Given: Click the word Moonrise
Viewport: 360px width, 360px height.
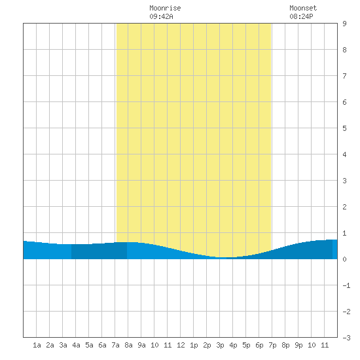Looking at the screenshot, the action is click(165, 8).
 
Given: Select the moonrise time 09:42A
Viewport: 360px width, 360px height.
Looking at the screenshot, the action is click(161, 16).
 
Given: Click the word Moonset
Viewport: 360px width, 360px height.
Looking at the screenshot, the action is click(303, 8).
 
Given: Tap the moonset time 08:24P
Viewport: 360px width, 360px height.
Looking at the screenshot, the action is click(301, 16).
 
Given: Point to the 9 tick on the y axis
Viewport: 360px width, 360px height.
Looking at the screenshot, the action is click(344, 24).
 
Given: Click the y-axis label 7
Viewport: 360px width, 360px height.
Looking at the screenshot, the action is click(344, 76).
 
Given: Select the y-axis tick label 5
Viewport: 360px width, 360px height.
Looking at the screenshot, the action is click(344, 128).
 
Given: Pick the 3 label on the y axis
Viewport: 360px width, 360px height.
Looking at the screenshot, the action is click(344, 181).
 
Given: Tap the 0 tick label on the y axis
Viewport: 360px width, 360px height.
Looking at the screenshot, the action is click(344, 259).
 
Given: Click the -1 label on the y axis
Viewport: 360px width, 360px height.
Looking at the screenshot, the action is click(346, 285).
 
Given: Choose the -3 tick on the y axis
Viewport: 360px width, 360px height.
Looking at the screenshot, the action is click(346, 338).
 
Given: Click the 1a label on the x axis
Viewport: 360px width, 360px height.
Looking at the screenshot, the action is click(37, 345).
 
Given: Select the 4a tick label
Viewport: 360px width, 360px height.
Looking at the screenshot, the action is click(76, 345).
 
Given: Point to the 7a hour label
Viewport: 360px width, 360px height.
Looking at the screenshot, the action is click(115, 345).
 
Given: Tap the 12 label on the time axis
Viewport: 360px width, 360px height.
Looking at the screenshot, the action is click(181, 345).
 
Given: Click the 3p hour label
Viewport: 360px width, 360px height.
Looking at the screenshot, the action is click(220, 345).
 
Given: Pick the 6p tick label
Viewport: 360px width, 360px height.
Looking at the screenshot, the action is click(259, 345).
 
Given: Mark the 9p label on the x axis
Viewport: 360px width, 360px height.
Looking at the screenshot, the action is click(298, 345).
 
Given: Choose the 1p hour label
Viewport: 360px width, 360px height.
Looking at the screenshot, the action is click(194, 345).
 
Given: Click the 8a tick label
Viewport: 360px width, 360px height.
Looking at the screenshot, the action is click(128, 345).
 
